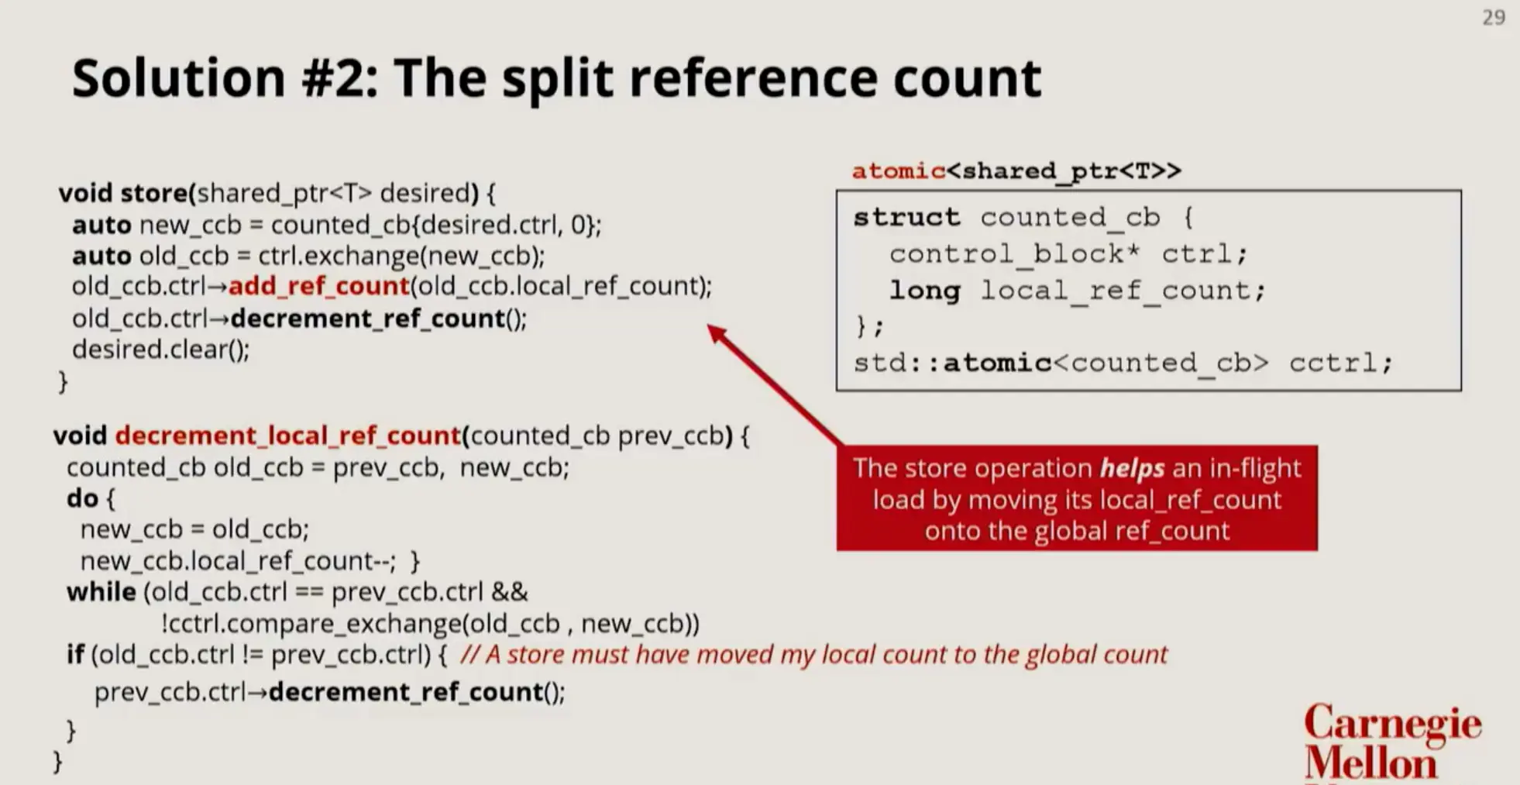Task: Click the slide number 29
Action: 1493,18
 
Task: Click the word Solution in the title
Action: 179,77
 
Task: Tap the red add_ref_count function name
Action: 318,287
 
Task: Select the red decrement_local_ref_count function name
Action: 287,436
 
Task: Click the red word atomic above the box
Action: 899,170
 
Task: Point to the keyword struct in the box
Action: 906,218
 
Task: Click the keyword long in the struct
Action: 924,291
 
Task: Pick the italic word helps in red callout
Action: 1132,468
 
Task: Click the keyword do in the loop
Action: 82,498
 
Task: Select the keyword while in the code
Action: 101,592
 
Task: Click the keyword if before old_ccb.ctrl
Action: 75,655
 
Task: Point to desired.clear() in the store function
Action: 161,349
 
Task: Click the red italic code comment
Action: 813,655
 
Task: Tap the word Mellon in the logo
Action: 1370,763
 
